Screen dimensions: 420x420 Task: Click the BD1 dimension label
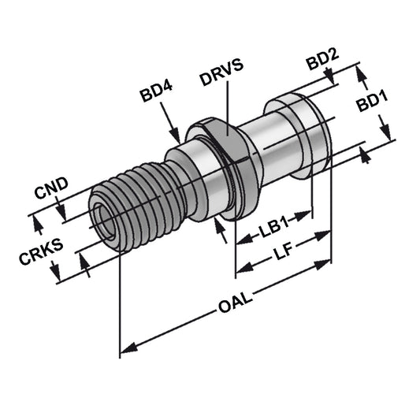coord(375,103)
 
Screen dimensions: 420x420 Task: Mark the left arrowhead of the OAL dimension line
coord(126,349)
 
